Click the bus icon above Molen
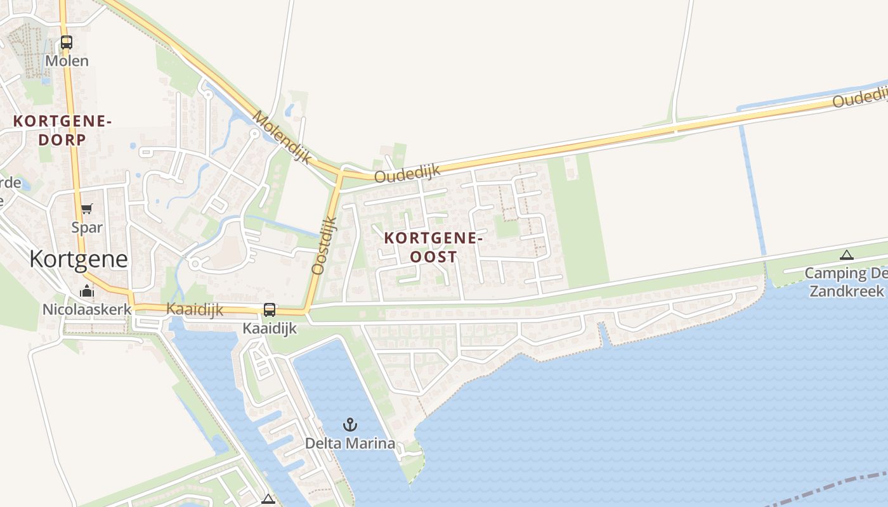[67, 42]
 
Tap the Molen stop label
[67, 61]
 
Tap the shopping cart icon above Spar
[87, 209]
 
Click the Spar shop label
[87, 227]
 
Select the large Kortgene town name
[79, 259]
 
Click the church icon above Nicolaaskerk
[87, 292]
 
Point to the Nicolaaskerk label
[87, 309]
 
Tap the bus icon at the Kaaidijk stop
[270, 310]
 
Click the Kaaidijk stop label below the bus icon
[270, 328]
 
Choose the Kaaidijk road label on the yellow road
[195, 309]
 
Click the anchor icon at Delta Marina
[349, 425]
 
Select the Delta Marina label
[349, 443]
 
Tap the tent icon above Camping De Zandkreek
[846, 255]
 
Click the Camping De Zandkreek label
[846, 282]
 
